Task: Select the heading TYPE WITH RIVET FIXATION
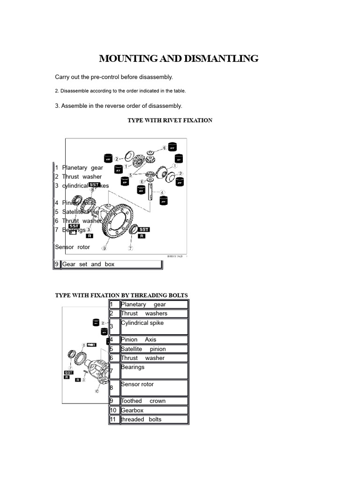coord(170,120)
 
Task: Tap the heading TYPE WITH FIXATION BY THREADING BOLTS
coord(121,295)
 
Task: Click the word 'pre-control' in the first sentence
coord(104,76)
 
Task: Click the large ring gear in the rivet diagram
coord(115,221)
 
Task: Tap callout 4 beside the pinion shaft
coord(162,192)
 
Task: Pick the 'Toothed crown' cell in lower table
coord(154,401)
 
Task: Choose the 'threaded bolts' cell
coord(154,420)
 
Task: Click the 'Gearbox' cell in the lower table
coord(154,410)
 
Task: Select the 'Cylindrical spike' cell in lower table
coord(154,326)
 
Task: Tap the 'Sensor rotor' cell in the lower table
coord(154,388)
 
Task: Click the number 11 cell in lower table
coord(114,420)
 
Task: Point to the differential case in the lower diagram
coord(99,368)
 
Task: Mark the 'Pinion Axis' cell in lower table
coord(154,340)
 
